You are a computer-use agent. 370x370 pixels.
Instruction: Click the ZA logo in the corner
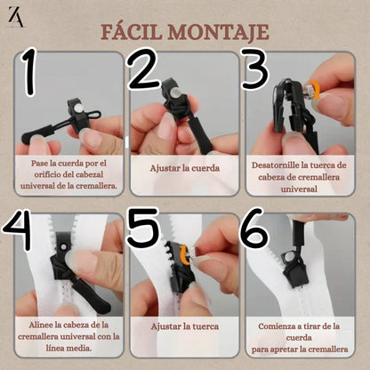pos(16,17)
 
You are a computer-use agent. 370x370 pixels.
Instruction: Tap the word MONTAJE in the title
pos(219,32)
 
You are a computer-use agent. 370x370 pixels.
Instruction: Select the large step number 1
pos(28,72)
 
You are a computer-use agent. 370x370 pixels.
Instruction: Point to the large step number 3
pos(255,70)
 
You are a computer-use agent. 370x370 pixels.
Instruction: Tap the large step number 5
pos(143,228)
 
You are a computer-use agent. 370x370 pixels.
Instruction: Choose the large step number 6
pos(254,228)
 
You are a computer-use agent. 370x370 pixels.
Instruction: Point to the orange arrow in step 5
pos(185,255)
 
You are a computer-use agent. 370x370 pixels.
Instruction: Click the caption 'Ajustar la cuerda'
pos(185,168)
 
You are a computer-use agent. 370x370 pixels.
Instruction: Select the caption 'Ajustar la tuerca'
pos(185,326)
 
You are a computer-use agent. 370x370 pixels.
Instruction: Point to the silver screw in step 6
pos(290,255)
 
